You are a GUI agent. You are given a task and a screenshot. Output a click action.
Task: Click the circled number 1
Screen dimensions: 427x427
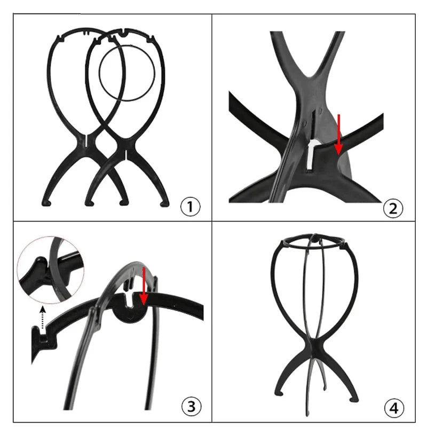click(191, 207)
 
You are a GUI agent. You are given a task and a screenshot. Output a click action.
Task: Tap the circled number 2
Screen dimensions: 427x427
click(393, 209)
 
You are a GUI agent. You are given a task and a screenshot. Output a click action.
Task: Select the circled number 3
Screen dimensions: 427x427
click(192, 407)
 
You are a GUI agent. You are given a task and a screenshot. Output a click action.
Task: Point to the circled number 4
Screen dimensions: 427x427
click(394, 408)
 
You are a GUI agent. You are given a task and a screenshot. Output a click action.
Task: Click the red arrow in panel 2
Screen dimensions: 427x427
click(338, 135)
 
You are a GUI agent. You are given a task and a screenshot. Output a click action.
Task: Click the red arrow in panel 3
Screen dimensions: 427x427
click(144, 286)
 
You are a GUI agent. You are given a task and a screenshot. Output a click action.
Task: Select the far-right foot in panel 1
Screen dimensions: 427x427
click(164, 203)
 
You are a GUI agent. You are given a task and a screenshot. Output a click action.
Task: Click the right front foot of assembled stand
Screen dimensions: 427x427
click(354, 399)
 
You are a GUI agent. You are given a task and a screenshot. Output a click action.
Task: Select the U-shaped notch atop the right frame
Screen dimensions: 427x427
click(124, 33)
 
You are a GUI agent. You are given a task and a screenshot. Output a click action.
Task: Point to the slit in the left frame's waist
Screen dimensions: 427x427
click(86, 141)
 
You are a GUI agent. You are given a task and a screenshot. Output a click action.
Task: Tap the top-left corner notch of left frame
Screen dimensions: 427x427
click(58, 38)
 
